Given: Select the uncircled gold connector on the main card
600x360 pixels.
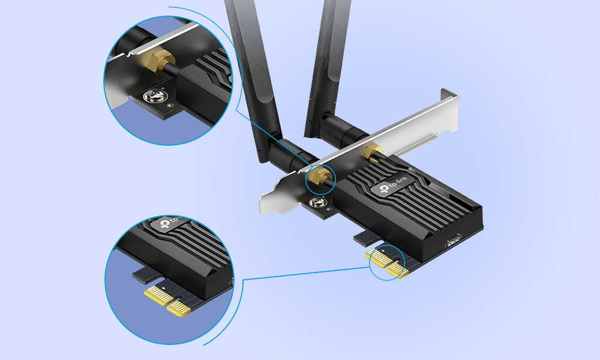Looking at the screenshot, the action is coord(371,150).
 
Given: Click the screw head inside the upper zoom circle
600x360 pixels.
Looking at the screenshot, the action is coord(156,95).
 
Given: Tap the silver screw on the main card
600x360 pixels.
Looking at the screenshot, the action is coord(317,202).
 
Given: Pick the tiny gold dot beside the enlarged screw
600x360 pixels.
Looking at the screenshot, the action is coord(170,105).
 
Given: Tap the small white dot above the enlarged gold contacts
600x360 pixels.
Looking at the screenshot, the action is coord(164,287).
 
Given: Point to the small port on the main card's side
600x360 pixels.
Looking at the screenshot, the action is coord(454,240).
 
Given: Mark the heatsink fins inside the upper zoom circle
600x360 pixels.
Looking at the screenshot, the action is coord(214,68).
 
